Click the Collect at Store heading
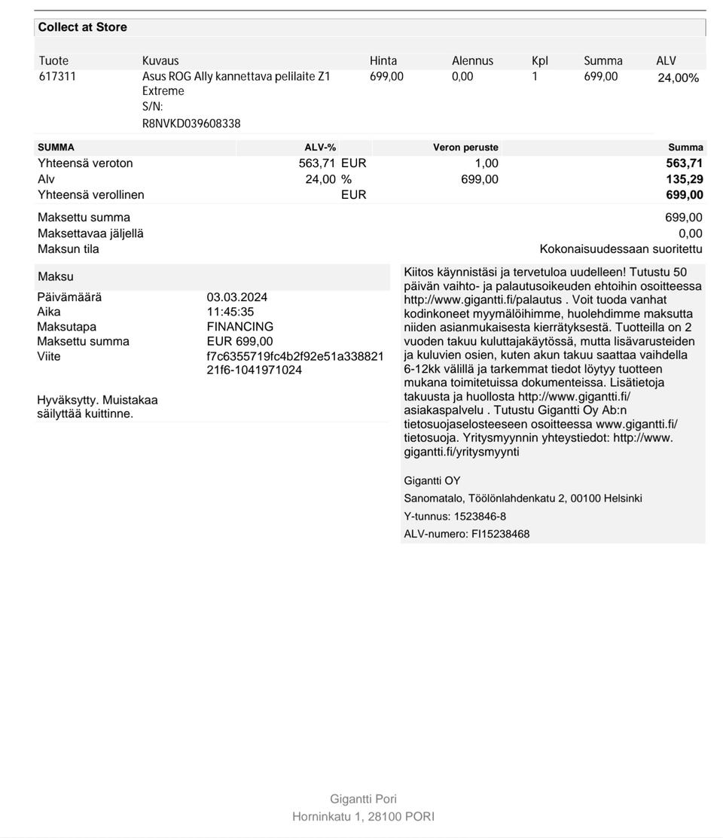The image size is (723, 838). [x=82, y=27]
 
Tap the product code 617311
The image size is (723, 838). [x=57, y=77]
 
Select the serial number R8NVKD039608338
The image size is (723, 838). [x=191, y=123]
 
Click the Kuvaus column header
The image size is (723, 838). [x=160, y=61]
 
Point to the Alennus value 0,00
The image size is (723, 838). [x=462, y=77]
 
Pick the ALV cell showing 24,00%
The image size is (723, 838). [x=678, y=78]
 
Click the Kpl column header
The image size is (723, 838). [x=540, y=61]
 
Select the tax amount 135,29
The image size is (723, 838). [x=685, y=179]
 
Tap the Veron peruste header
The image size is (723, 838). [x=465, y=148]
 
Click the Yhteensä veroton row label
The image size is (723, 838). [x=85, y=163]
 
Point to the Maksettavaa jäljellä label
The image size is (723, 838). [x=90, y=233]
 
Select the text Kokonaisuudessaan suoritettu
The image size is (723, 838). [x=621, y=249]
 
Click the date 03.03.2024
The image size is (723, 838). [x=237, y=297]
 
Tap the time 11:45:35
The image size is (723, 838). [x=230, y=312]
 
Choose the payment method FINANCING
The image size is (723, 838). [x=240, y=327]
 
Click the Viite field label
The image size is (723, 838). [x=49, y=357]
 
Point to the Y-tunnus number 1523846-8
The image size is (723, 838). [x=480, y=517]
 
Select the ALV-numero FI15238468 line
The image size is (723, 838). [x=466, y=534]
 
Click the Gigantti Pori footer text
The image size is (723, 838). [x=363, y=799]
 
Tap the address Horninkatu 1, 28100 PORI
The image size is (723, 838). [x=363, y=816]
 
